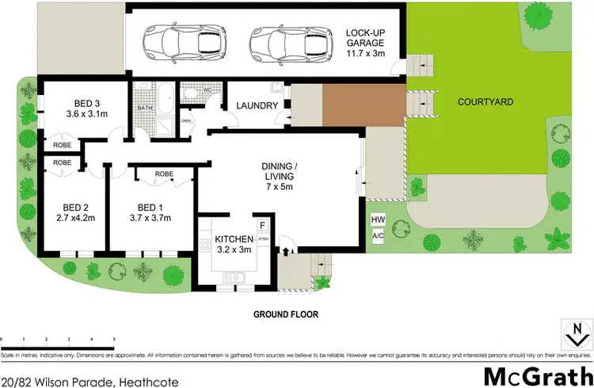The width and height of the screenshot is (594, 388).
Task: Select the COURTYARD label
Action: tap(483, 102)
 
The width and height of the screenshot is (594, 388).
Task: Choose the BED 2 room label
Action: tap(71, 204)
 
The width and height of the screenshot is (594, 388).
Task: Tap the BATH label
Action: tap(145, 108)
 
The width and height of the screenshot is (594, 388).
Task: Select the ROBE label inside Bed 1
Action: tap(164, 173)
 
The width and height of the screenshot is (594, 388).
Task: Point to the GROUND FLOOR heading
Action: tap(285, 314)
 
